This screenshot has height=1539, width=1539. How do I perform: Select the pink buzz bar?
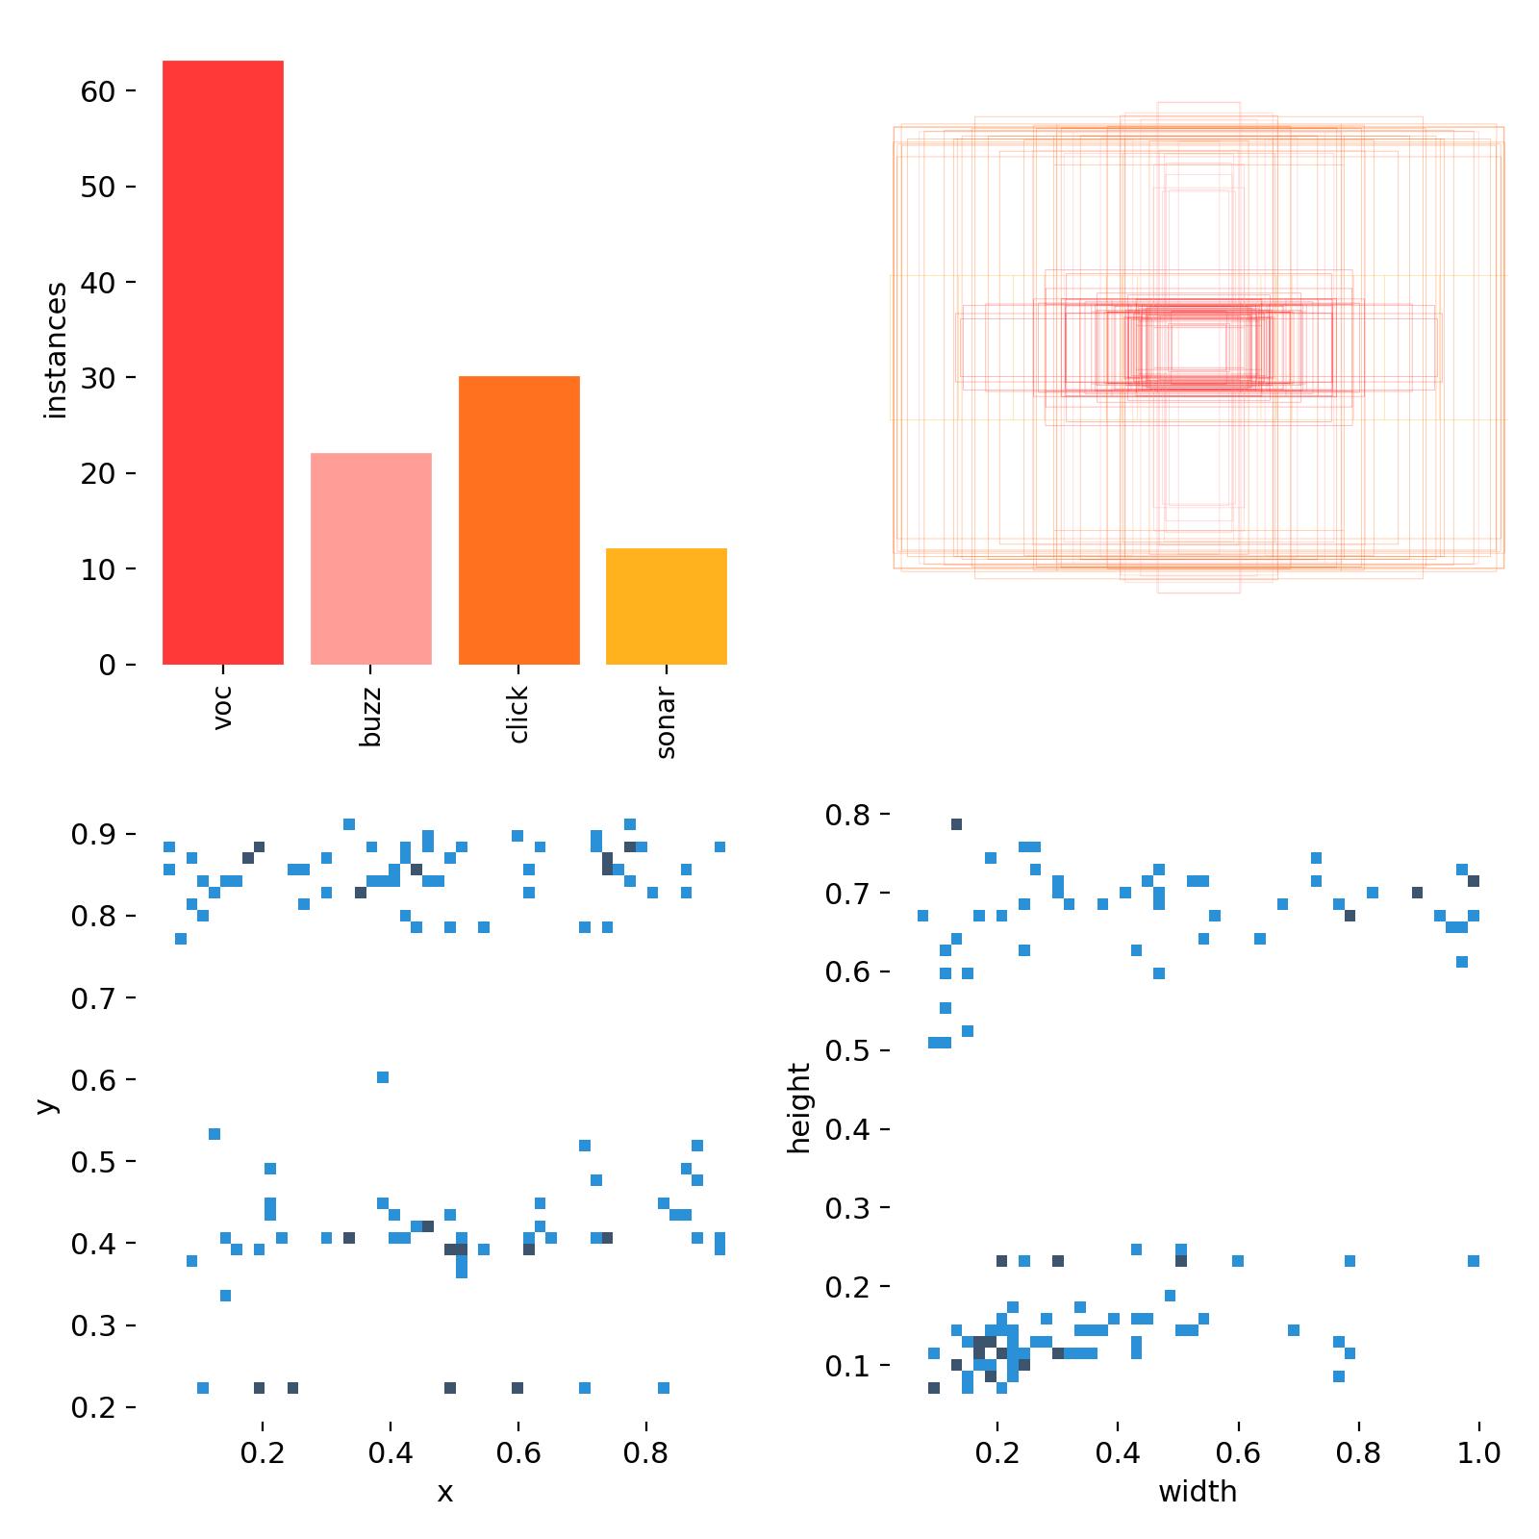point(371,559)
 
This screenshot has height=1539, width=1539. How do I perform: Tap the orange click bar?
point(519,520)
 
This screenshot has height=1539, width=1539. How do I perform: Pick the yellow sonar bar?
point(667,606)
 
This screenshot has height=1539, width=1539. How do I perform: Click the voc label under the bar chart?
point(223,707)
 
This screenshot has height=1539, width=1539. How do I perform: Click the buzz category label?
point(371,717)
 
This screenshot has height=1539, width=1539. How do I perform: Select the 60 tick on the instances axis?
point(97,91)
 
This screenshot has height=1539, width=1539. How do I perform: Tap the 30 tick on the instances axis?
point(97,378)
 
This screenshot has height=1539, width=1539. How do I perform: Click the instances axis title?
point(57,350)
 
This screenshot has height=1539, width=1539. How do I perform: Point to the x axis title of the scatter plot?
point(444,1492)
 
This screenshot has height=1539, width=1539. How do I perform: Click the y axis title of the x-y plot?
point(46,1106)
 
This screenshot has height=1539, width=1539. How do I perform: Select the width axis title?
point(1198,1492)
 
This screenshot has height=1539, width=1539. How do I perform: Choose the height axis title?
point(799,1107)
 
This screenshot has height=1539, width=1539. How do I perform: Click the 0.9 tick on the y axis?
point(93,835)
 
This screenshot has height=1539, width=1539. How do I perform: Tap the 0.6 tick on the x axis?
point(518,1451)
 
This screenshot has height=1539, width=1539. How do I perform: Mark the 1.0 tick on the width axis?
point(1478,1451)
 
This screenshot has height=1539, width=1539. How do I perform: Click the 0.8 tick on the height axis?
point(847,815)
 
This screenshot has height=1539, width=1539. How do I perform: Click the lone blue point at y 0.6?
point(383,1077)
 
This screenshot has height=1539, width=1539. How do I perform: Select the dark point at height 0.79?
point(956,824)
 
